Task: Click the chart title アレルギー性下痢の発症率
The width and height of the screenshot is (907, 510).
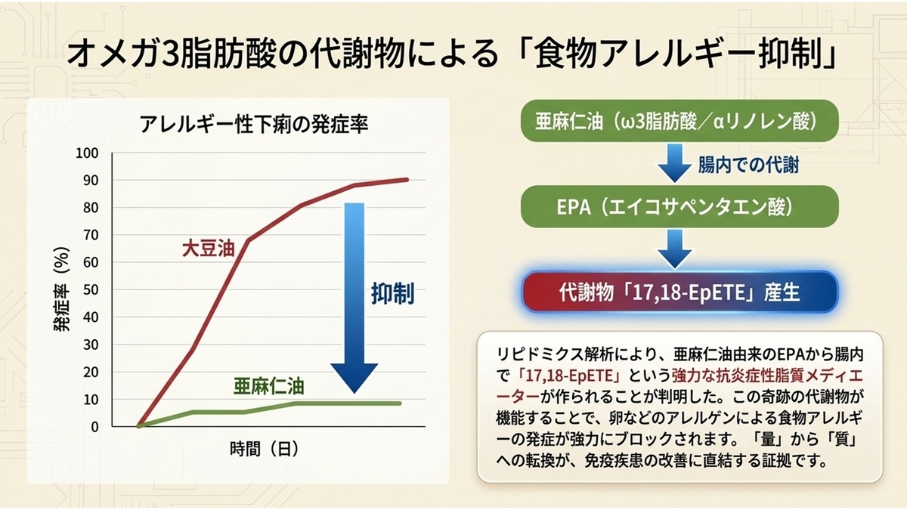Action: tap(254, 124)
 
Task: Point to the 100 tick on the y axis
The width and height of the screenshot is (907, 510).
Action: tap(87, 153)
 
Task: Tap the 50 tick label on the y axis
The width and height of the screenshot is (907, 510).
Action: tap(91, 290)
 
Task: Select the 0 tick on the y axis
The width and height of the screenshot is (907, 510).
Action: tap(94, 427)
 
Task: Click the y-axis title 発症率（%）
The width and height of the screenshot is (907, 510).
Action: tap(61, 289)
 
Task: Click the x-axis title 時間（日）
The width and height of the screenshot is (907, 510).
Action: tap(265, 449)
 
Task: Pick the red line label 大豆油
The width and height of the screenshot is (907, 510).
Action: tap(208, 248)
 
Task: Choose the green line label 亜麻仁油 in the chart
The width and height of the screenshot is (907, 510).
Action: tap(269, 387)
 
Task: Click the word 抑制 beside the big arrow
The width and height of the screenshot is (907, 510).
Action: tap(393, 293)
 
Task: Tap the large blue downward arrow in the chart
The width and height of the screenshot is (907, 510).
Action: tap(354, 298)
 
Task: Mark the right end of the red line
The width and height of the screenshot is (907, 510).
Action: tap(407, 179)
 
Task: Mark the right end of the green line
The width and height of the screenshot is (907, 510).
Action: tap(400, 403)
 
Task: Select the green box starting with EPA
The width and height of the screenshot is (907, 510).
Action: tap(679, 206)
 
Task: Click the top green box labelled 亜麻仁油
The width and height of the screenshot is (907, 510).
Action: tap(679, 121)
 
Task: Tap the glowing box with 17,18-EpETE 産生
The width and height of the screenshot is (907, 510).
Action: tap(679, 292)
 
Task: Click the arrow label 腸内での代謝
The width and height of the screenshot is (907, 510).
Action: tap(748, 165)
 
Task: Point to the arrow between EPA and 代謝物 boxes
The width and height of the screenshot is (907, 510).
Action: tap(674, 249)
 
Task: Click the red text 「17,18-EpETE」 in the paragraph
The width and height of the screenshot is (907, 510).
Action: tap(568, 376)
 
